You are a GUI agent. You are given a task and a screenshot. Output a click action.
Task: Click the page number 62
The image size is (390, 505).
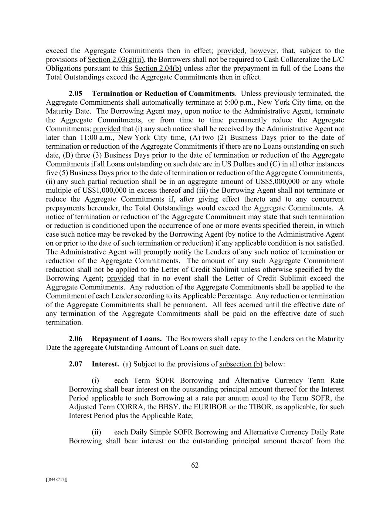195,465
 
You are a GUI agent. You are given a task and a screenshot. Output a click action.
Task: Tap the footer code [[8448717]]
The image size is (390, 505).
57,479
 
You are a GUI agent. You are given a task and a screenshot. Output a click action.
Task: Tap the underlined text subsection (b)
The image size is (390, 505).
241,364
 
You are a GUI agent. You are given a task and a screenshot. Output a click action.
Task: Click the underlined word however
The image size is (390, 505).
263,51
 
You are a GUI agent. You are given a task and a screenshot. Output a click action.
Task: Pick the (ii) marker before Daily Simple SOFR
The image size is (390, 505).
96,432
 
